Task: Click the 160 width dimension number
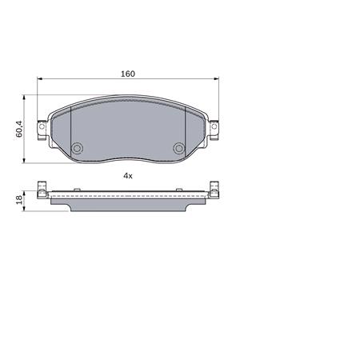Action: (x=127, y=74)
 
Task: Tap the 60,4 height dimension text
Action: (x=18, y=129)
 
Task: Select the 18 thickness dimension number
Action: (x=18, y=200)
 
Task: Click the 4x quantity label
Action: (x=127, y=174)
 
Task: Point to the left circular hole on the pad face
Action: (x=78, y=148)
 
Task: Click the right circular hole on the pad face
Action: (x=179, y=148)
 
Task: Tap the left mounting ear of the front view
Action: (x=42, y=126)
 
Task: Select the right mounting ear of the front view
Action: (x=215, y=126)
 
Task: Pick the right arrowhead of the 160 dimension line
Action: (x=216, y=79)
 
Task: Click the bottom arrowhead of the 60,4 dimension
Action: (x=26, y=161)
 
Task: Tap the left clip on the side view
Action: (x=43, y=190)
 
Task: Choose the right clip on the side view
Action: (x=214, y=190)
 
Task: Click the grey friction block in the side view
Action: (x=128, y=204)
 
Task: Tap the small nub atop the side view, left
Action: (x=50, y=186)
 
